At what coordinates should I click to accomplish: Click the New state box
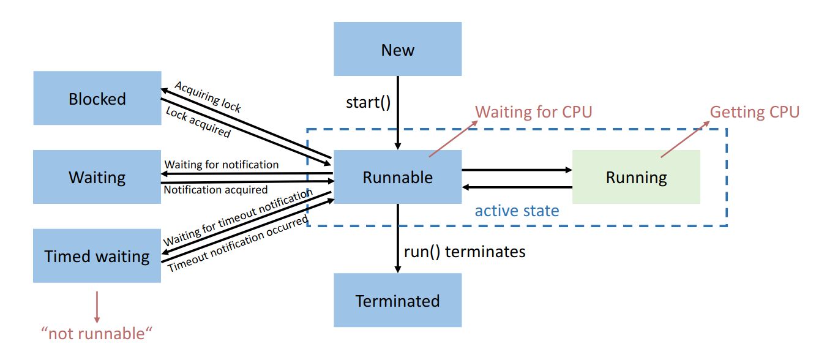pyautogui.click(x=397, y=50)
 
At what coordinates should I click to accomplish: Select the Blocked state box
pyautogui.click(x=97, y=99)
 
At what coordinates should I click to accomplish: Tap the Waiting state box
pyautogui.click(x=97, y=177)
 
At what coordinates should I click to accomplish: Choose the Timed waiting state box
pyautogui.click(x=97, y=256)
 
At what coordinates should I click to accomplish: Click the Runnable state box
pyautogui.click(x=397, y=177)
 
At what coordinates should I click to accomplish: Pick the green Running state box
pyautogui.click(x=636, y=177)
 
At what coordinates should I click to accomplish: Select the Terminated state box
pyautogui.click(x=397, y=301)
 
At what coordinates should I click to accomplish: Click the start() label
pyautogui.click(x=368, y=102)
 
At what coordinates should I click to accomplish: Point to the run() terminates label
pyautogui.click(x=465, y=251)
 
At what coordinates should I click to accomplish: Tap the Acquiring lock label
pyautogui.click(x=208, y=96)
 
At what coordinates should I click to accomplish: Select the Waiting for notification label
pyautogui.click(x=222, y=165)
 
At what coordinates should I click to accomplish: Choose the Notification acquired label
pyautogui.click(x=215, y=190)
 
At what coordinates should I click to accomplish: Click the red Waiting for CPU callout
pyautogui.click(x=534, y=113)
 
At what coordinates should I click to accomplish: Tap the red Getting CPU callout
pyautogui.click(x=754, y=113)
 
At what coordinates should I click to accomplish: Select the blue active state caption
pyautogui.click(x=517, y=211)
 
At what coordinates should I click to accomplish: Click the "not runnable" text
pyautogui.click(x=96, y=334)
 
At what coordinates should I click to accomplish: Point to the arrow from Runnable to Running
pyautogui.click(x=516, y=170)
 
